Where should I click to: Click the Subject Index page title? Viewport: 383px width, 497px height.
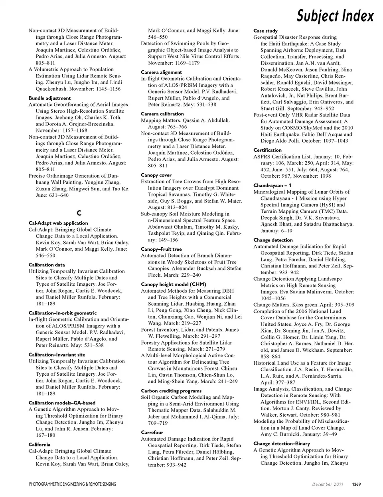(336, 16)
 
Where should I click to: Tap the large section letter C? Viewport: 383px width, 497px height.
(79, 213)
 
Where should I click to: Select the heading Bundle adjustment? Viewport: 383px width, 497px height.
(49, 98)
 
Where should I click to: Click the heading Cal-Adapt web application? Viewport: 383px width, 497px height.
(58, 223)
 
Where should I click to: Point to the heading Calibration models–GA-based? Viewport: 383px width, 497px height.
(62, 403)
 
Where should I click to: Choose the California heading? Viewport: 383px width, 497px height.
(39, 444)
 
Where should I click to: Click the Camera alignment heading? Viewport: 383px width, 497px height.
(161, 72)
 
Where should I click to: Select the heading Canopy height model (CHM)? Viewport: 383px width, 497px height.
(173, 284)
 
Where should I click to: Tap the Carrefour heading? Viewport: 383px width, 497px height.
(152, 432)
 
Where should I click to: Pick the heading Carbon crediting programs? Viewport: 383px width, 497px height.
(171, 391)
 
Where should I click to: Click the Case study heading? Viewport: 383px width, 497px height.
(265, 31)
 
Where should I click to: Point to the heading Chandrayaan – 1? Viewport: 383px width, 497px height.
(272, 185)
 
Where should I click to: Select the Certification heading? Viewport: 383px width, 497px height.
(267, 150)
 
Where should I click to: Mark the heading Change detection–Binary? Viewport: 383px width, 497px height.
(281, 444)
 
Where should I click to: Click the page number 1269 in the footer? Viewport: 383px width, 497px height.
(356, 484)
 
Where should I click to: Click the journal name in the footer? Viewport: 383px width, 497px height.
(73, 484)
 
